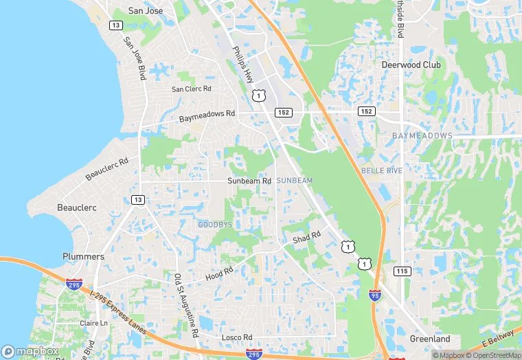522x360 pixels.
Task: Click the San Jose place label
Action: point(145,11)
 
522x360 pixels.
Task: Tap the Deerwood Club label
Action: point(411,65)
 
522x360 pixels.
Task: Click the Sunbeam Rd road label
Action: point(249,181)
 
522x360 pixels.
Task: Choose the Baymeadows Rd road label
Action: point(207,116)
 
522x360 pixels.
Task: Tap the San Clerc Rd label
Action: point(192,89)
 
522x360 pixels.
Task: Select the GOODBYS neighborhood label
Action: point(216,225)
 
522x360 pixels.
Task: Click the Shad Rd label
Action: point(307,237)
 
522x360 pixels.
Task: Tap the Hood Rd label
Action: point(219,274)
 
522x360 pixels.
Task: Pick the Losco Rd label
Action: point(237,337)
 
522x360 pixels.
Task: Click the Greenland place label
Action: point(429,339)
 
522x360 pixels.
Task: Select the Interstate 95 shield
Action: point(374,295)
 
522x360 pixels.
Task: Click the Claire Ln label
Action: point(94,323)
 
